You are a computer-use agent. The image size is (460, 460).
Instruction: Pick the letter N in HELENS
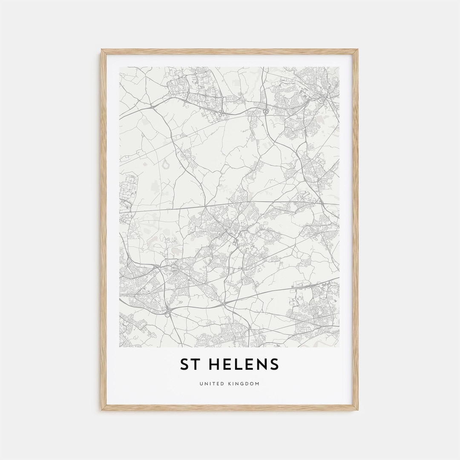[x=262, y=364]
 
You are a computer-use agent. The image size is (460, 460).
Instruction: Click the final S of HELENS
[x=275, y=364]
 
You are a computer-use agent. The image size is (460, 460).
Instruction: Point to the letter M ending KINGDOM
[x=257, y=384]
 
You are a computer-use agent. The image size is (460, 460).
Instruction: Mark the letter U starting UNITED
[x=201, y=384]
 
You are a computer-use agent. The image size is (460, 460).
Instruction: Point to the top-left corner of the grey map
[x=120, y=67]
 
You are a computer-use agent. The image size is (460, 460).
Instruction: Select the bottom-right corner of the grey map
[x=339, y=347]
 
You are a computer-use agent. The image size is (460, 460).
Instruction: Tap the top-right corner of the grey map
[x=339, y=67]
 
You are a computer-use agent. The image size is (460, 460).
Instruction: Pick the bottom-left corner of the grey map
[x=120, y=347]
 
